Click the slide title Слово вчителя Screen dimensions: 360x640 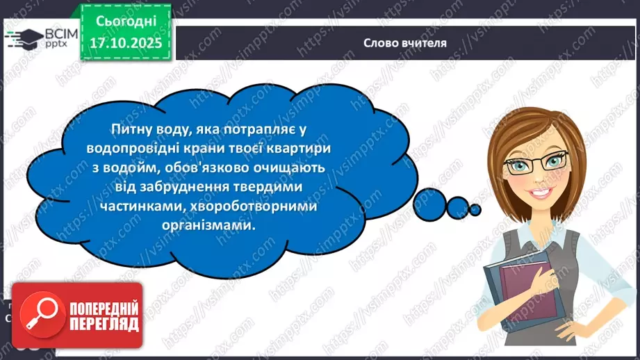[x=405, y=42]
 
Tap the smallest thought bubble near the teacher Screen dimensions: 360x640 [x=475, y=208]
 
